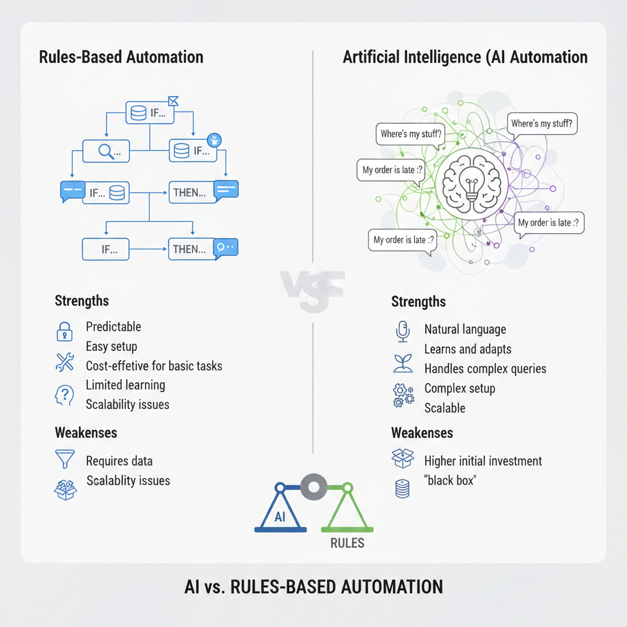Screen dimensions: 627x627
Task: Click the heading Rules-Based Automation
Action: click(x=121, y=58)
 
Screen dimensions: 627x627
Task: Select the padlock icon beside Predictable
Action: click(x=64, y=331)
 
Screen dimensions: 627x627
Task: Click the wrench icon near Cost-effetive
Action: click(x=64, y=363)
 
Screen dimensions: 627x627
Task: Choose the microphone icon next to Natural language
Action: click(x=402, y=331)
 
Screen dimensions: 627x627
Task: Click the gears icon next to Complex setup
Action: click(x=402, y=395)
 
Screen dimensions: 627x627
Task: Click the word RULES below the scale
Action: click(x=347, y=543)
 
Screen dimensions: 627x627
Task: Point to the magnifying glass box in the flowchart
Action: click(x=107, y=151)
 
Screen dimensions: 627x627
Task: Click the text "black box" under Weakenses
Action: click(x=449, y=481)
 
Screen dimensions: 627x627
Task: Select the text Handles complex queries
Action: click(x=485, y=369)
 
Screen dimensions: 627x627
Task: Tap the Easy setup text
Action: click(x=111, y=347)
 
